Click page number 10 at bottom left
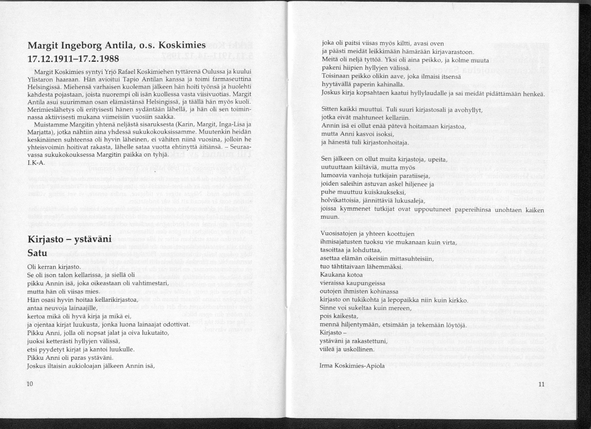[29, 384]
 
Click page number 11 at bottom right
[542, 384]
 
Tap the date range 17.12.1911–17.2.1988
[73, 59]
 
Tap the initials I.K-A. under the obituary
[36, 163]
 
